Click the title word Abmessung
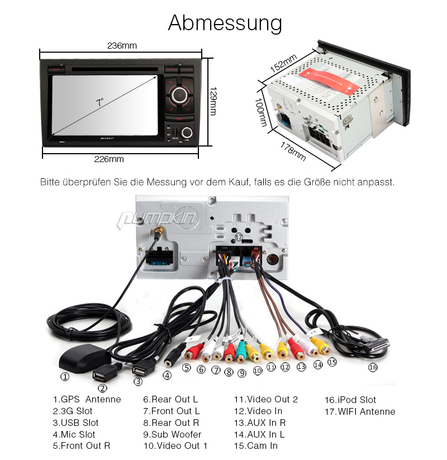click(x=225, y=23)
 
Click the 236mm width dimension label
click(x=122, y=46)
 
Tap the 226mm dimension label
click(x=109, y=159)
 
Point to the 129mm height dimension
click(x=213, y=101)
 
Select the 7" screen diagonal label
click(x=100, y=102)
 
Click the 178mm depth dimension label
click(x=293, y=151)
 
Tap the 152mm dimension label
click(x=283, y=63)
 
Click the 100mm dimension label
click(x=261, y=112)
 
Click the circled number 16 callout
click(x=373, y=367)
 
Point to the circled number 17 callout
click(x=239, y=237)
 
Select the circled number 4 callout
click(x=167, y=375)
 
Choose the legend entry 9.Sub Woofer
click(x=172, y=434)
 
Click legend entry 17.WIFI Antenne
click(x=360, y=411)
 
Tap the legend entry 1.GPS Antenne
click(x=87, y=399)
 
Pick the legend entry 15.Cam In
click(x=256, y=445)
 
